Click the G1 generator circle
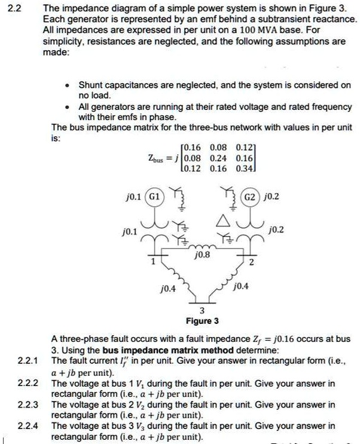pos(154,195)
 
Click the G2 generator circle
pos(251,195)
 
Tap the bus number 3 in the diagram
pos(202,310)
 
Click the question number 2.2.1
pos(28,361)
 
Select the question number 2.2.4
pos(28,426)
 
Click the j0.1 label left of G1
pos(133,195)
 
